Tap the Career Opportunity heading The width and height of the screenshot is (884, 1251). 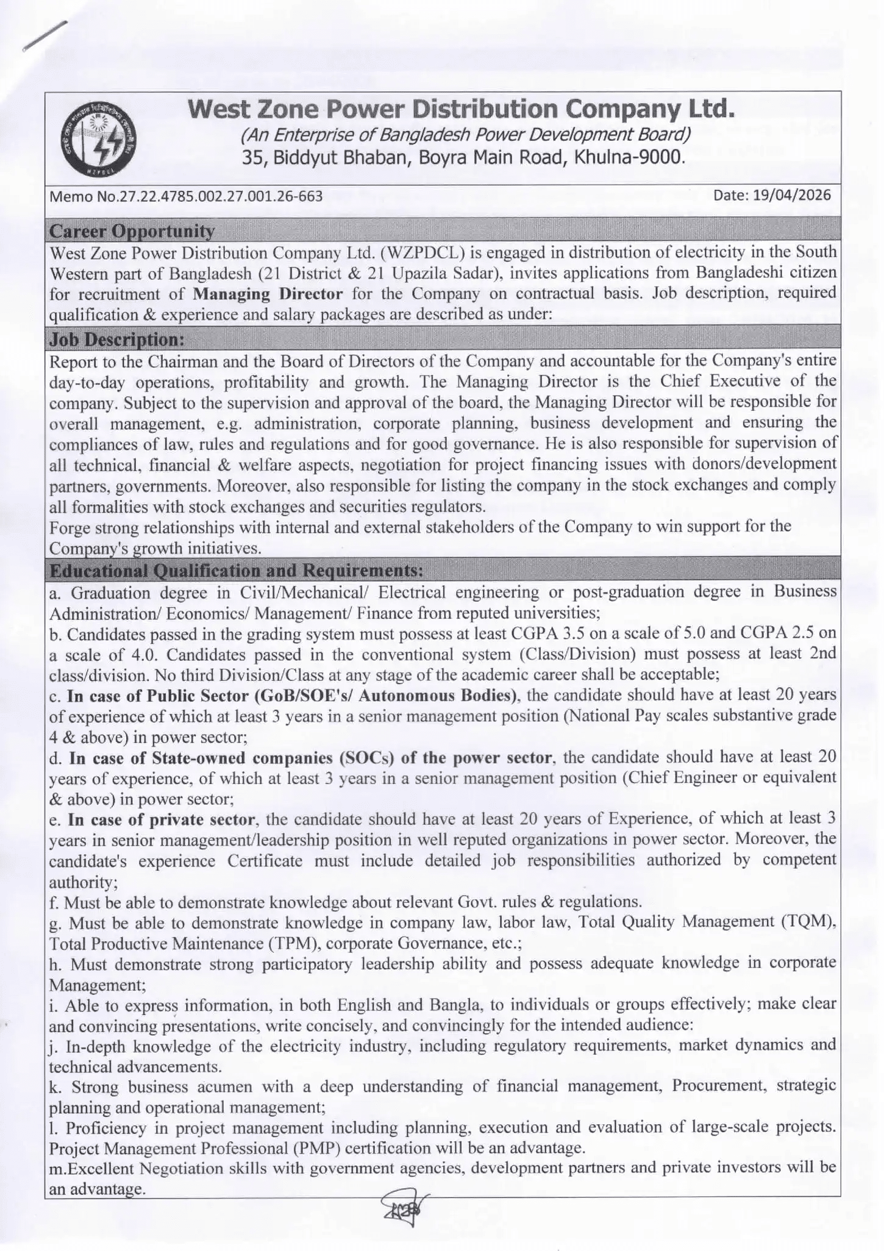coord(132,231)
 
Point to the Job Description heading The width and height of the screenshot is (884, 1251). coord(116,339)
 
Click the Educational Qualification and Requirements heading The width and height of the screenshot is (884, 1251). coord(236,571)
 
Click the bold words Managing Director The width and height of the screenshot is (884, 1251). coord(268,294)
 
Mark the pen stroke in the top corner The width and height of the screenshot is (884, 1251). coord(44,37)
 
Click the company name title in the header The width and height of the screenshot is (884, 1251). coord(461,110)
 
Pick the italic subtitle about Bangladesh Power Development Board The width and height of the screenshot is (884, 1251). coord(466,134)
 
